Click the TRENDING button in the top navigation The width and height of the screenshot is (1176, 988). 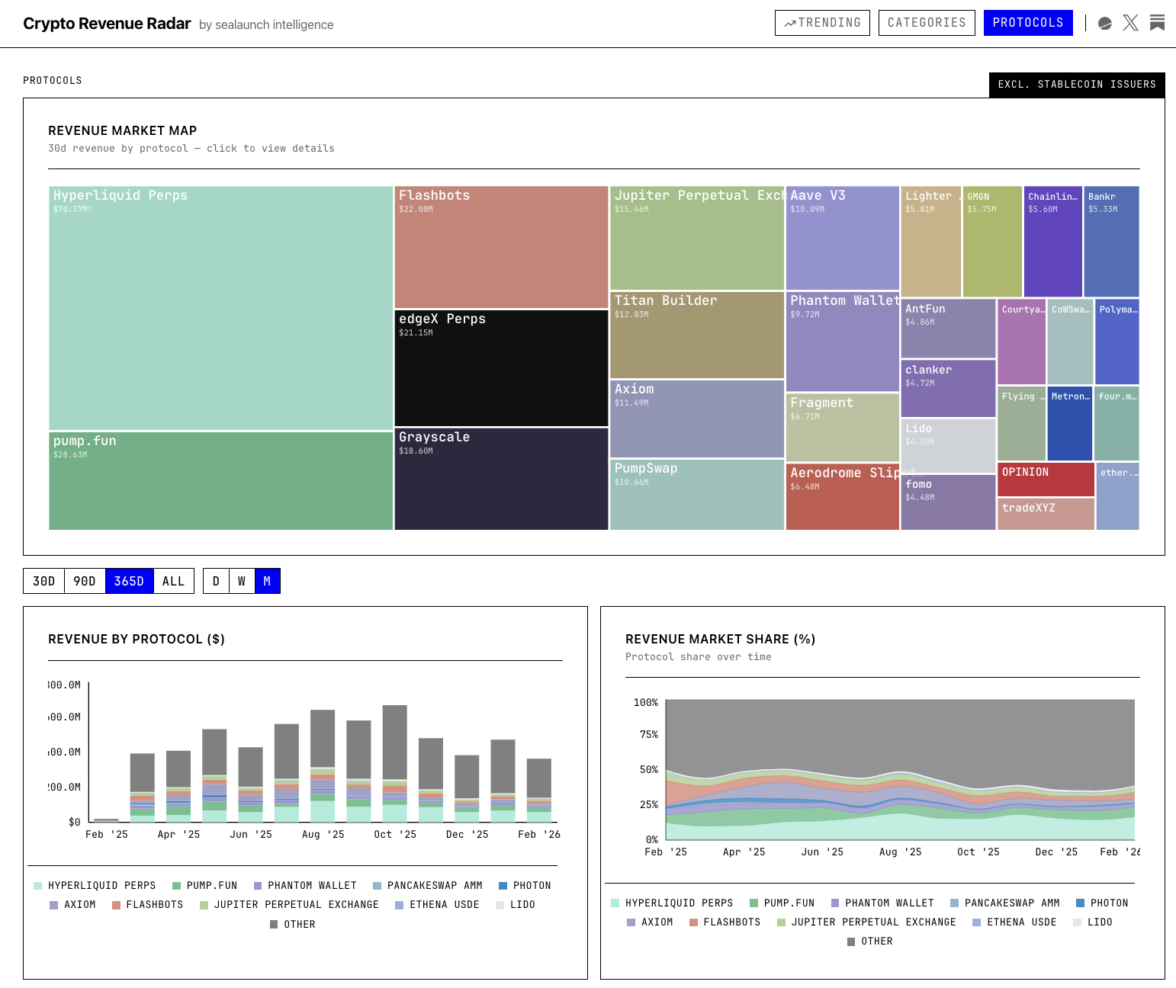point(822,23)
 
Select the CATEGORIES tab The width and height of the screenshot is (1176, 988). point(927,23)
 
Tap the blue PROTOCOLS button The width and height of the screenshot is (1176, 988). point(1027,23)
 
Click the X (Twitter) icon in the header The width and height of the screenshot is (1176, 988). point(1130,23)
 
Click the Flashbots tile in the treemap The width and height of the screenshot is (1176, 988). point(501,248)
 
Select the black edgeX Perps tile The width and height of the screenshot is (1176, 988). point(501,368)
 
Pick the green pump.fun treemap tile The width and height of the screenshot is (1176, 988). point(220,480)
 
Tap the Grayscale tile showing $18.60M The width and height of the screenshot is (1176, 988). point(501,479)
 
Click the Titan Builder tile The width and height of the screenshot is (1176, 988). point(697,335)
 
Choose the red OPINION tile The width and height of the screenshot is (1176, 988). point(1046,480)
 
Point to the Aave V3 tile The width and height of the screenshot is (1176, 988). point(842,239)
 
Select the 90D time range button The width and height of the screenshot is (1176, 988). point(85,581)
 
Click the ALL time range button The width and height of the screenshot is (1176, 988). point(173,581)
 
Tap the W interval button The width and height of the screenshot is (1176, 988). point(242,581)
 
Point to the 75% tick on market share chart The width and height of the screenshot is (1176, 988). point(649,735)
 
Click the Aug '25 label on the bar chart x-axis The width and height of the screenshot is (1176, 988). point(323,835)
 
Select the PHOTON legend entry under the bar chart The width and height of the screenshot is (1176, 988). point(525,886)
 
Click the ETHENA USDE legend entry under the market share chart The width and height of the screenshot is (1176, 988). point(1014,922)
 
